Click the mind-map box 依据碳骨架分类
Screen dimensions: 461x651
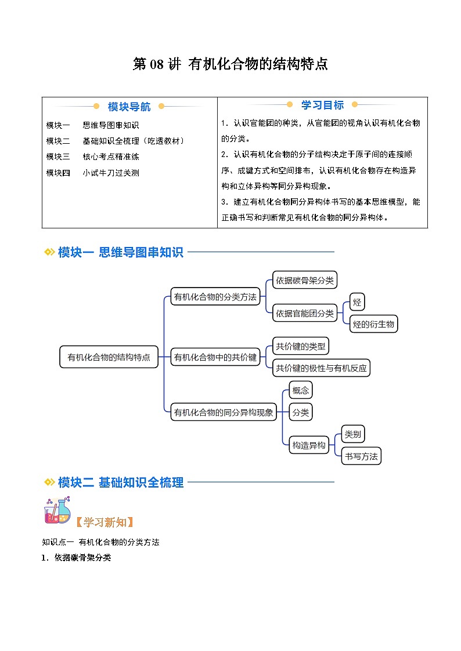(x=305, y=280)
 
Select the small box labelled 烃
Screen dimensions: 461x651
(x=357, y=302)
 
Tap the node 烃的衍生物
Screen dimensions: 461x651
(x=373, y=324)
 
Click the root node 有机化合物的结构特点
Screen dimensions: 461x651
(x=109, y=357)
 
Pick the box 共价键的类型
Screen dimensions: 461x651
(x=301, y=346)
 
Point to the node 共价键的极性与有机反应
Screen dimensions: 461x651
(x=321, y=368)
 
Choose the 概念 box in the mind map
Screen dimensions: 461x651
(x=301, y=390)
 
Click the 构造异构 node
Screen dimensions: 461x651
(x=309, y=445)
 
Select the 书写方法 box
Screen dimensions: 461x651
(x=361, y=456)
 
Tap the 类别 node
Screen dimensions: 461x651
(x=353, y=434)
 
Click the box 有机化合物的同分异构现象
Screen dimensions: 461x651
(x=224, y=412)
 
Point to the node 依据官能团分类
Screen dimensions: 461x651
(x=305, y=313)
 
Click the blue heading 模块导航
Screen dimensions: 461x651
(x=129, y=107)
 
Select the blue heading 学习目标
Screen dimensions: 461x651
(x=323, y=105)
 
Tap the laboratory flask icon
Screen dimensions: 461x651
(x=57, y=510)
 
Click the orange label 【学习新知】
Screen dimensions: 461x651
(x=105, y=522)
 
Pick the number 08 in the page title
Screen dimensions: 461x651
(x=157, y=64)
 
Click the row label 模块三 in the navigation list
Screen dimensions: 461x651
(x=58, y=157)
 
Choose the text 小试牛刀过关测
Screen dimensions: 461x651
(x=110, y=173)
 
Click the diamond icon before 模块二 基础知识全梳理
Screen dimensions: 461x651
(x=49, y=482)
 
